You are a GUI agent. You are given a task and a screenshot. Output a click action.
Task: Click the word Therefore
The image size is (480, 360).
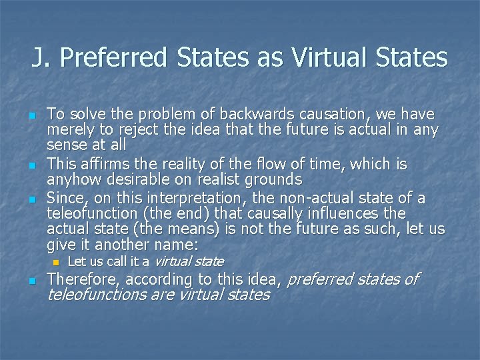(84, 279)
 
